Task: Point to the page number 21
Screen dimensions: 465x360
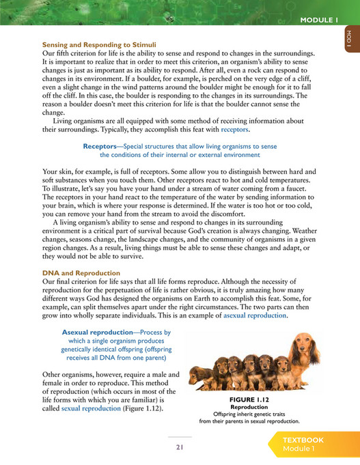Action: pyautogui.click(x=180, y=447)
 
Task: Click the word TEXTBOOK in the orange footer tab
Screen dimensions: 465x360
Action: pyautogui.click(x=304, y=440)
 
